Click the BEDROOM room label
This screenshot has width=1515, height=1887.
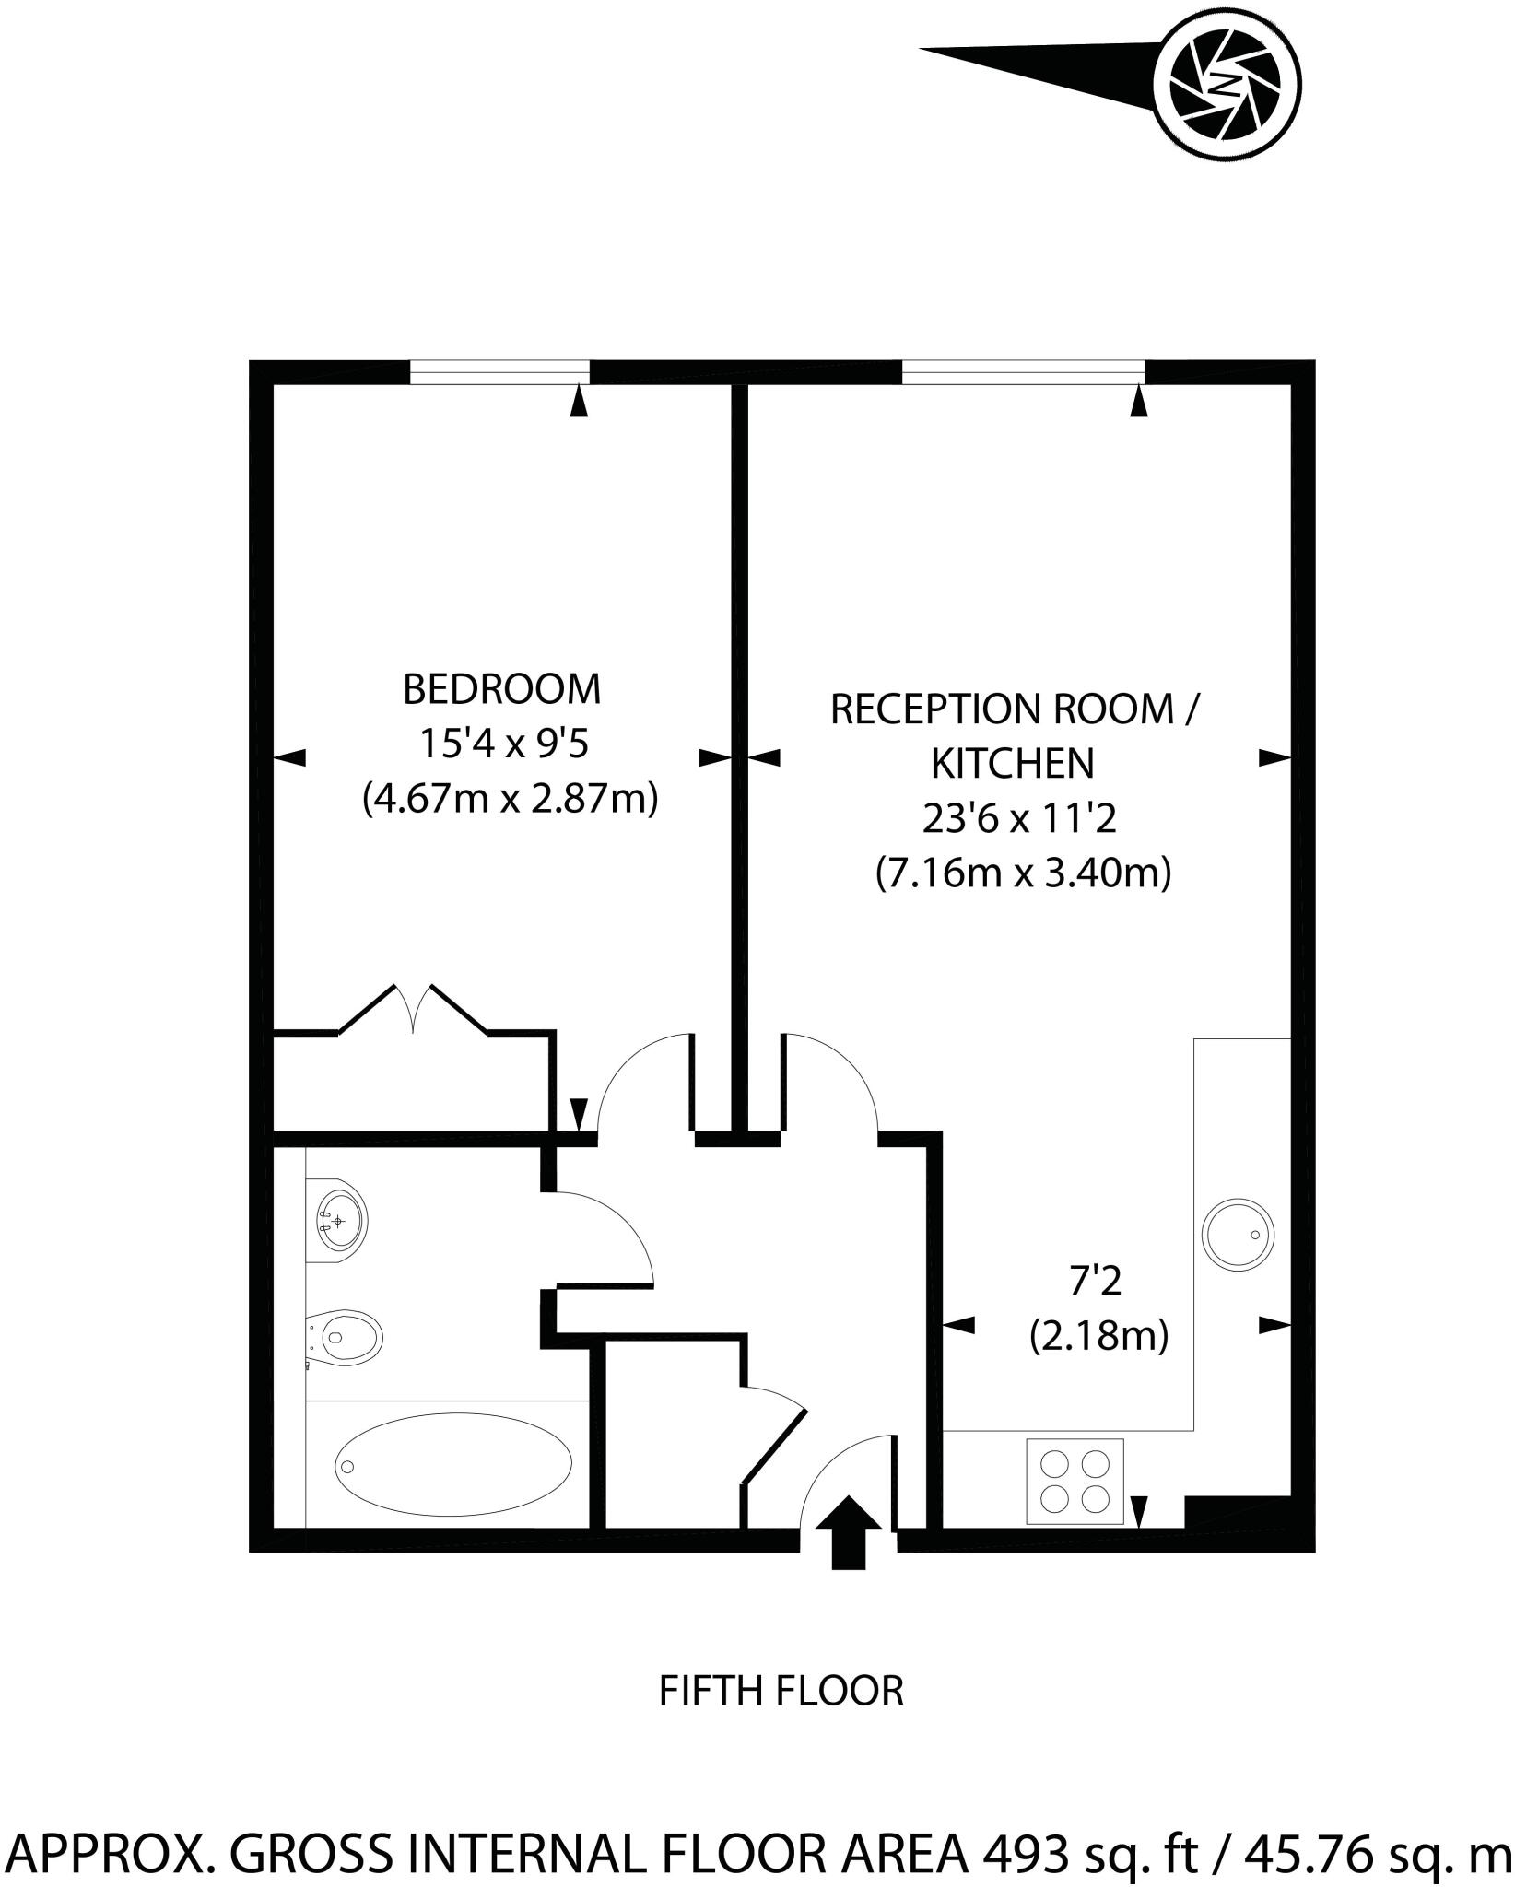(x=501, y=689)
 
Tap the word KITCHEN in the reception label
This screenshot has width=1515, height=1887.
(x=1013, y=763)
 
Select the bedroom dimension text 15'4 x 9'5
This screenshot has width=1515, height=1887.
(x=503, y=744)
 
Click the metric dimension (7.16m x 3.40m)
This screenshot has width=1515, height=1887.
(x=1023, y=872)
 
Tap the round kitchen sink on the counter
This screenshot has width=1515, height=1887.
(x=1239, y=1233)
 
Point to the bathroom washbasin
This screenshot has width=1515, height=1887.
(x=338, y=1221)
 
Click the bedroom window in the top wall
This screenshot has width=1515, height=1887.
(x=499, y=371)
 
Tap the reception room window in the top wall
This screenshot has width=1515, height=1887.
(x=1023, y=371)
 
